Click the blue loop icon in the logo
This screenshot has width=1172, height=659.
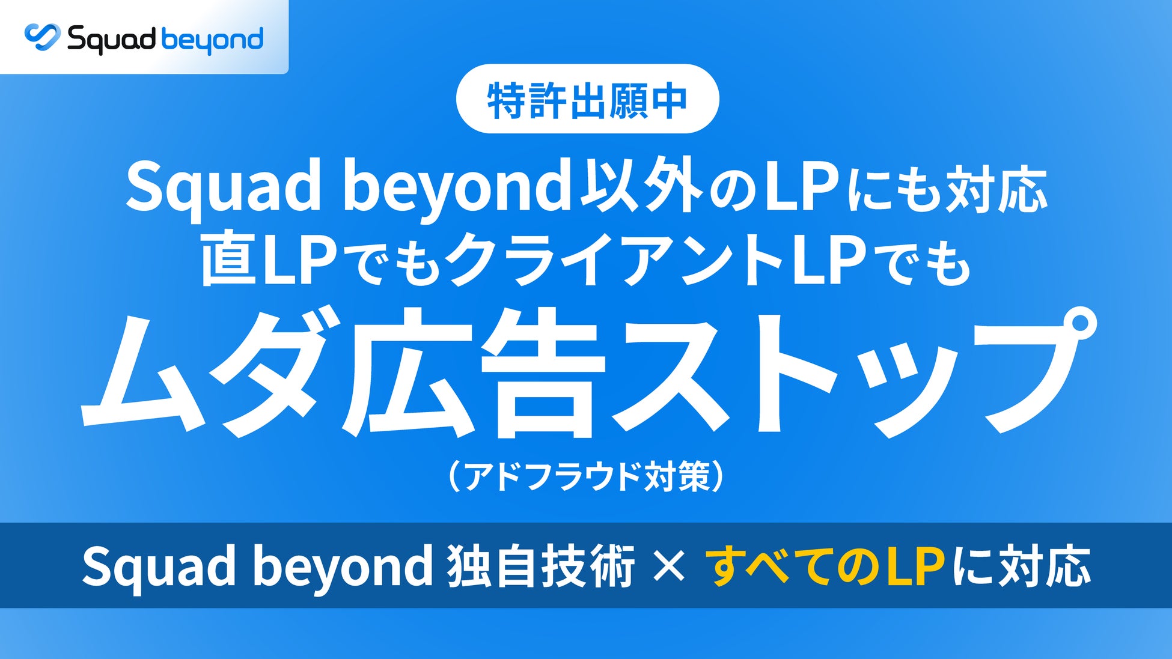pyautogui.click(x=43, y=37)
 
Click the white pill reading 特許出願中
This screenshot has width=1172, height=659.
pyautogui.click(x=587, y=99)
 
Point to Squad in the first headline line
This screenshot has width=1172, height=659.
pyautogui.click(x=223, y=187)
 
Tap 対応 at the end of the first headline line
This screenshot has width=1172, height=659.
pyautogui.click(x=997, y=187)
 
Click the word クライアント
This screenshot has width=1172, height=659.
pyautogui.click(x=614, y=260)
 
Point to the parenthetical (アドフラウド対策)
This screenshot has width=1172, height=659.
pyautogui.click(x=587, y=476)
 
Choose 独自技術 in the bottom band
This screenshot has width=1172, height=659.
pyautogui.click(x=540, y=566)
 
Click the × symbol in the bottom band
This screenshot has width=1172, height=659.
pyautogui.click(x=669, y=566)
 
